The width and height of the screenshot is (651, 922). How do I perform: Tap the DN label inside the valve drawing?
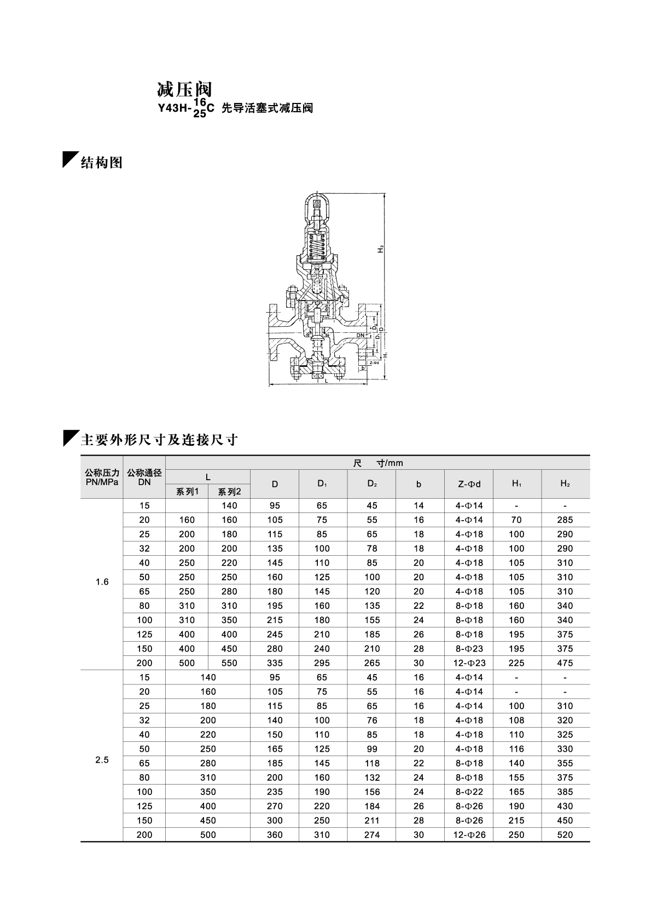[361, 335]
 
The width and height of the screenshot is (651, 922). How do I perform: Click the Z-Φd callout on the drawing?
[374, 362]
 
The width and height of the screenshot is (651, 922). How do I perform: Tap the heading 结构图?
[101, 163]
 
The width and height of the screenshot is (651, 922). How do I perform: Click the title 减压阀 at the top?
[184, 89]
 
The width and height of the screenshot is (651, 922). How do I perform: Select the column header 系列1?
[187, 491]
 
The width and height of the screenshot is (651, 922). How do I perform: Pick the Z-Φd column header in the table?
[469, 484]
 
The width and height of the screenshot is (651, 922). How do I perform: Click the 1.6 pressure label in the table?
[102, 582]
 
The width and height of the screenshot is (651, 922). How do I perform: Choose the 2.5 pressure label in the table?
[102, 760]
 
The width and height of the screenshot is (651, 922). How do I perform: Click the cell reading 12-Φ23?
[469, 663]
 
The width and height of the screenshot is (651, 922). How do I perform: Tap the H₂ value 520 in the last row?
[565, 835]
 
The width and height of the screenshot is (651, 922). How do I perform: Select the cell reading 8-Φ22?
[469, 792]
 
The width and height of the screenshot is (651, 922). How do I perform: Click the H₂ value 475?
[565, 663]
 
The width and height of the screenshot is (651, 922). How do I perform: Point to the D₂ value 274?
[372, 835]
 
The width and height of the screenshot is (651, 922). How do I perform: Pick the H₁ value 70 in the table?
[516, 520]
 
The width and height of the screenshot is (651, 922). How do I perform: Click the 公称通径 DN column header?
[144, 477]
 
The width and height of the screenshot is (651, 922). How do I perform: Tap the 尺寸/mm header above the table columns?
[377, 463]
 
